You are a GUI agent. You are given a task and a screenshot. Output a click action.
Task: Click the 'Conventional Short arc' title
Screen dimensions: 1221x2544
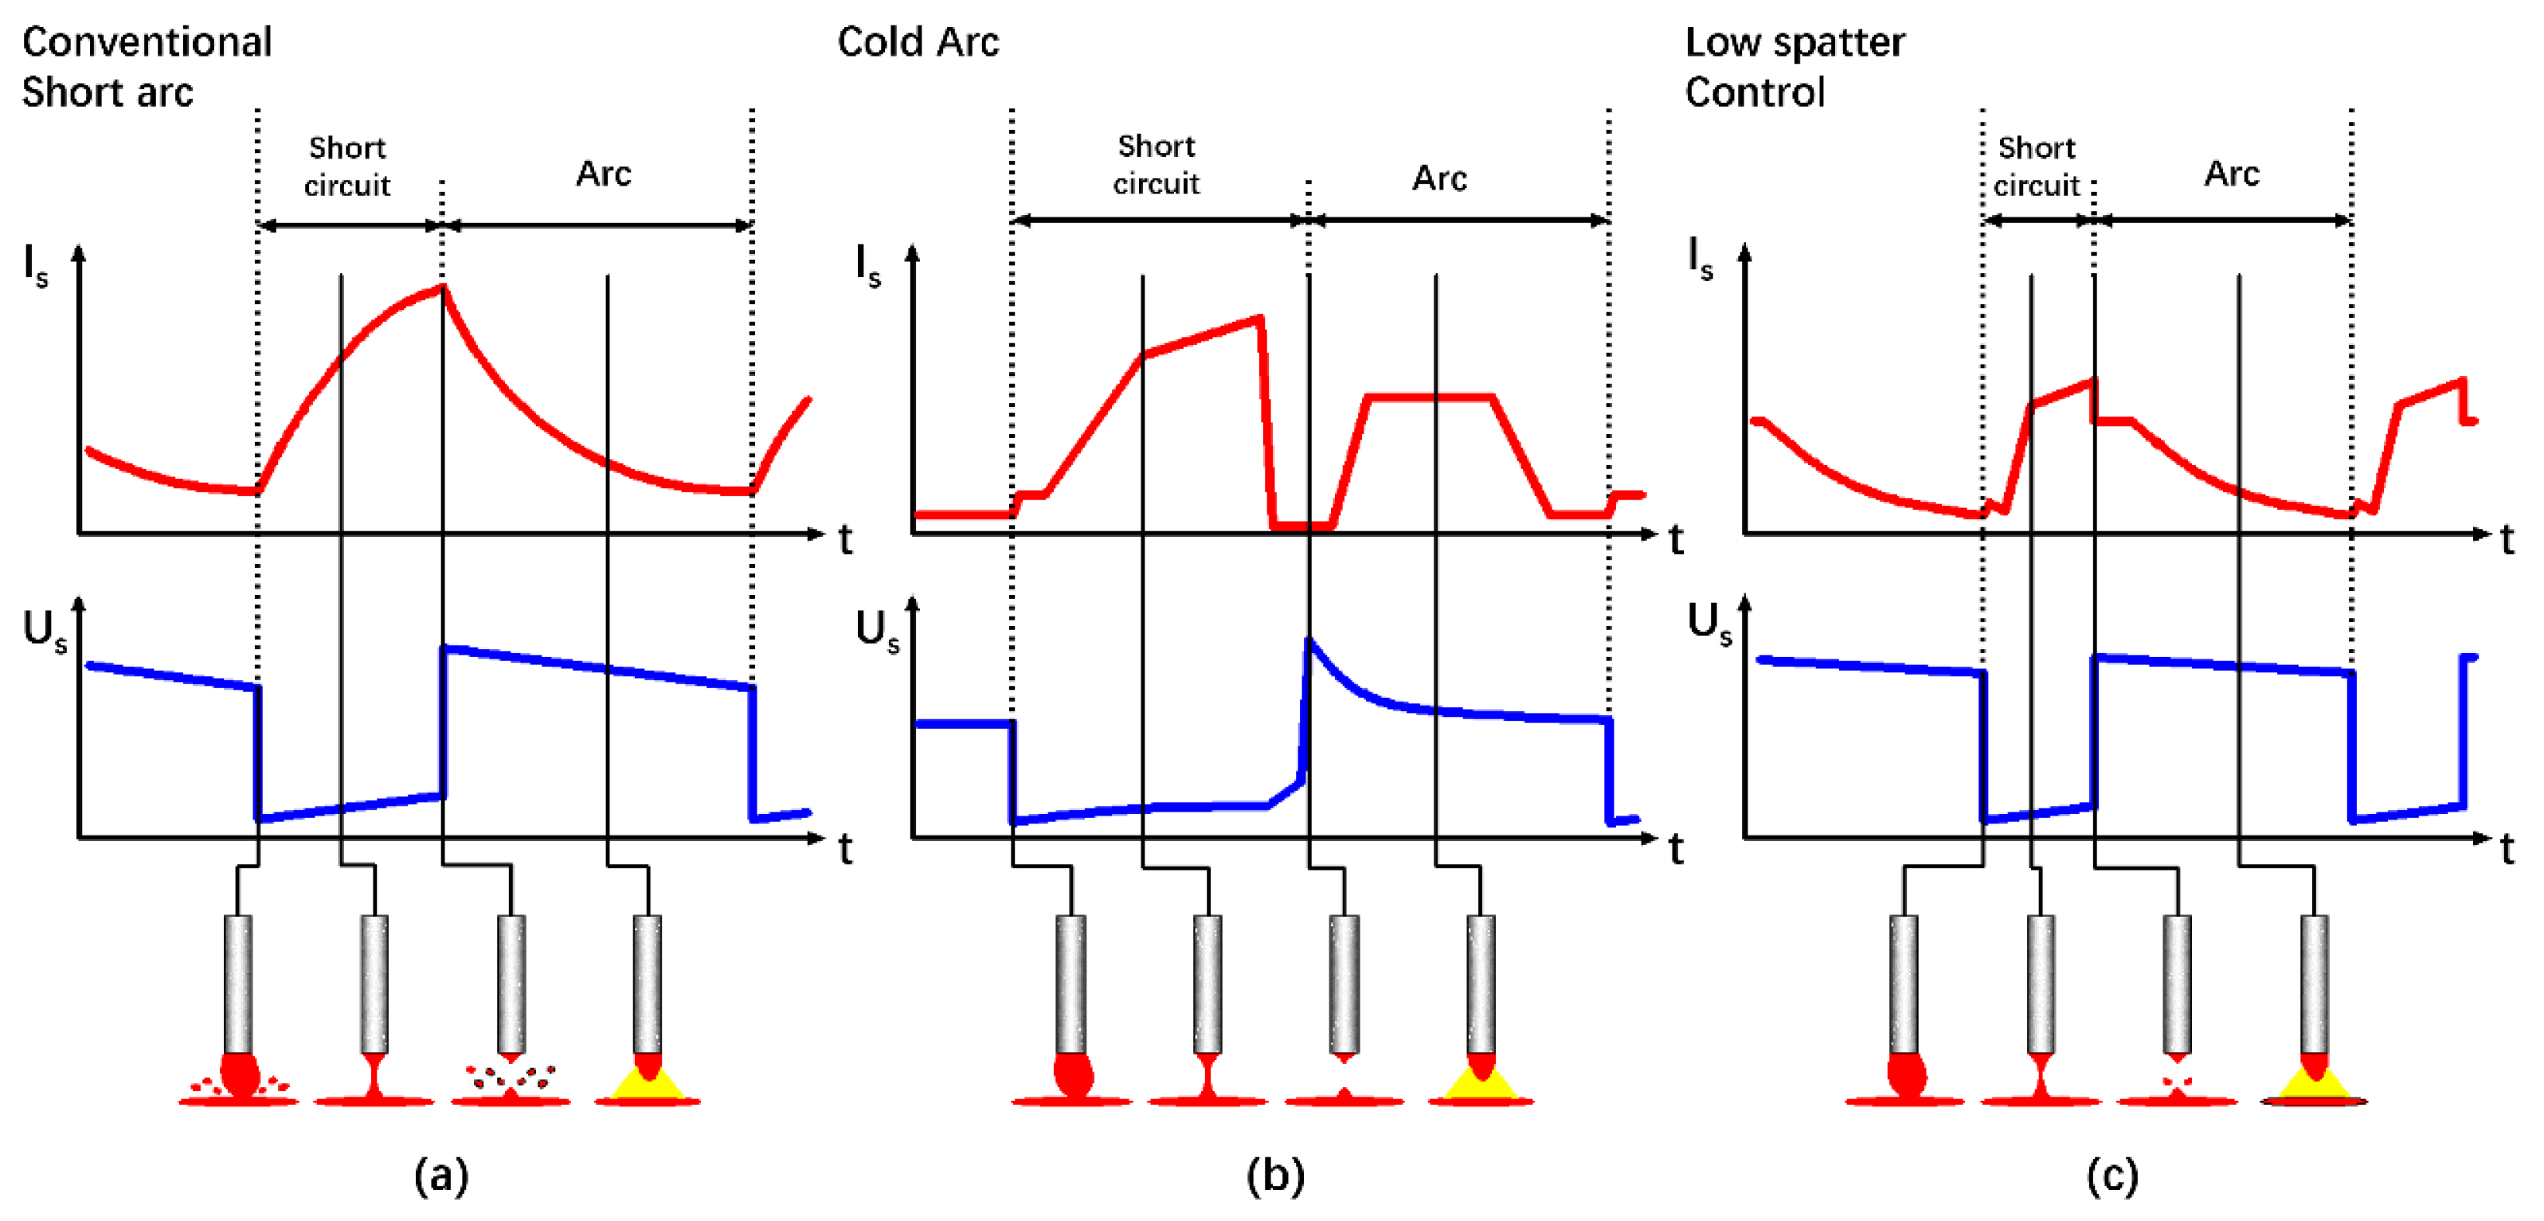pyautogui.click(x=147, y=67)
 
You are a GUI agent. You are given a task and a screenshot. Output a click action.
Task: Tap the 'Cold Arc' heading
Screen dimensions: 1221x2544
pyautogui.click(x=918, y=42)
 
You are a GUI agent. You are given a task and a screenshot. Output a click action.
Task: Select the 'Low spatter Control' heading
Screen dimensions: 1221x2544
pyautogui.click(x=1794, y=67)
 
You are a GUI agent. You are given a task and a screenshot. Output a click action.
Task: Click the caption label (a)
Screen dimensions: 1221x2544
pyautogui.click(x=440, y=1176)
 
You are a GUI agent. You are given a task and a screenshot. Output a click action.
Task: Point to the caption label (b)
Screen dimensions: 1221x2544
pyautogui.click(x=1275, y=1176)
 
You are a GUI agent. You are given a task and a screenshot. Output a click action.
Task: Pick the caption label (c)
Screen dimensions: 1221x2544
pyautogui.click(x=2112, y=1176)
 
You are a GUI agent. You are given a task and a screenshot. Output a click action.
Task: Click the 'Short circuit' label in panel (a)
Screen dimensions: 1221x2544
pyautogui.click(x=346, y=166)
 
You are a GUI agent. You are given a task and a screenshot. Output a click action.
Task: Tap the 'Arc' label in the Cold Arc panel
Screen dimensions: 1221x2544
pyautogui.click(x=1439, y=178)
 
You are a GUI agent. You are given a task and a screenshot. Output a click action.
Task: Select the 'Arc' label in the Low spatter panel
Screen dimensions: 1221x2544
pyautogui.click(x=2231, y=174)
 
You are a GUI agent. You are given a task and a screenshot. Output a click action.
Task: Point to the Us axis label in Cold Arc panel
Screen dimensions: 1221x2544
pyautogui.click(x=877, y=629)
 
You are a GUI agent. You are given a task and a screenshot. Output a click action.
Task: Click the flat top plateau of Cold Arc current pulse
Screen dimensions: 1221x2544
pyautogui.click(x=1429, y=397)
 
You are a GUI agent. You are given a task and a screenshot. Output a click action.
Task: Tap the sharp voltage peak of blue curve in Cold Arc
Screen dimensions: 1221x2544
pyautogui.click(x=1309, y=641)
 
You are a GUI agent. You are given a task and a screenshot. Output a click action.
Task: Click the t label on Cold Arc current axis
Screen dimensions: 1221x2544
pyautogui.click(x=1676, y=540)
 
